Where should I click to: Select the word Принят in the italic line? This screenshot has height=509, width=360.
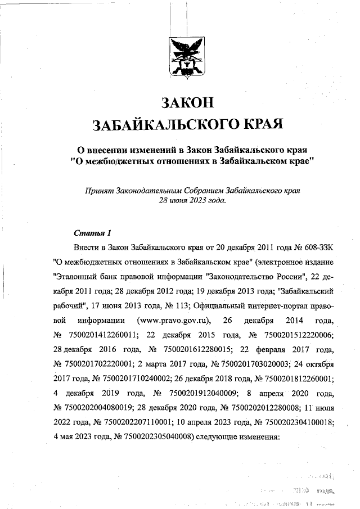coord(96,190)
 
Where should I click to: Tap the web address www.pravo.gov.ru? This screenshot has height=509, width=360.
coord(175,321)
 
